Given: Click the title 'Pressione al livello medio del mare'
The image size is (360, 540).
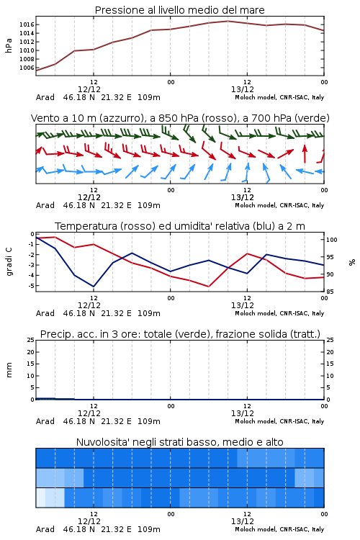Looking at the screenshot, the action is (179, 10).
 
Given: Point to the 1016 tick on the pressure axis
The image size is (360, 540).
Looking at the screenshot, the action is (27, 24).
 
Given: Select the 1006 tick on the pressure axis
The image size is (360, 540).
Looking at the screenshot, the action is (27, 68).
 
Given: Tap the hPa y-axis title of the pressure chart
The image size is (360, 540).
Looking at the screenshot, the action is (9, 45).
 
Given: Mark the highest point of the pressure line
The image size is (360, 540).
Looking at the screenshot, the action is (228, 21).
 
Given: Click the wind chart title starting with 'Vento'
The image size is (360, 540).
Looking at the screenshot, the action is (180, 118).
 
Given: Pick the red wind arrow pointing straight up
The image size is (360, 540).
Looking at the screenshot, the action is (305, 153).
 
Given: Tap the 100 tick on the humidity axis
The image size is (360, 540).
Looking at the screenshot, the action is (332, 240).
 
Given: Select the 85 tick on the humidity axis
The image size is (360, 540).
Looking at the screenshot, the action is (330, 292).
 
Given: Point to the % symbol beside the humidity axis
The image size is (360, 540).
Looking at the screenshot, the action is (352, 262).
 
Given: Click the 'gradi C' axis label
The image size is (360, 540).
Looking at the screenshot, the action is (9, 262).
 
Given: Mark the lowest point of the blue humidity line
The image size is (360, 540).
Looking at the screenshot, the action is (94, 287).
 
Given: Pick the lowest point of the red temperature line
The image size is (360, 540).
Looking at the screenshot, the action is (208, 286).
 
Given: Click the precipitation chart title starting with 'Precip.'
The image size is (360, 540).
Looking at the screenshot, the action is (180, 334).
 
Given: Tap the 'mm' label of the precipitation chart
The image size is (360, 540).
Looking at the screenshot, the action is (9, 369).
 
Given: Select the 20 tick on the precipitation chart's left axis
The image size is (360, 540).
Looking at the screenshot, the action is (31, 352).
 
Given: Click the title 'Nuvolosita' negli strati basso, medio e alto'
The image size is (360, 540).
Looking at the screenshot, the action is (180, 442).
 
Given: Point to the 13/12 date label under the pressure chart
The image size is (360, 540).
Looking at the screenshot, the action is (243, 89).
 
